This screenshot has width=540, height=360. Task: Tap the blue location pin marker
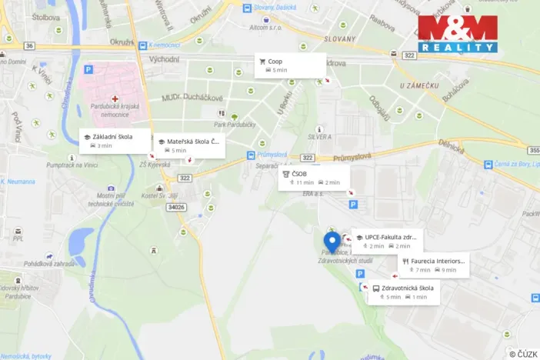click(x=332, y=241)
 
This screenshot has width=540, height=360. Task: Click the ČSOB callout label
click(x=313, y=178)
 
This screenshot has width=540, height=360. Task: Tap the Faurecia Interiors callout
click(x=433, y=265)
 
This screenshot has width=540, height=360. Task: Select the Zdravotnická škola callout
click(x=403, y=292)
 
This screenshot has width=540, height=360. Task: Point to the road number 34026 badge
click(x=176, y=207)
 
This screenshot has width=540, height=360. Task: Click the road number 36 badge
click(x=29, y=45)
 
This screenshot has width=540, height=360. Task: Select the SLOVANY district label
click(x=338, y=38)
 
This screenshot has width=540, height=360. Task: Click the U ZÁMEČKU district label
click(x=418, y=86)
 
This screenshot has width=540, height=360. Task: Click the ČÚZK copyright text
click(x=524, y=353)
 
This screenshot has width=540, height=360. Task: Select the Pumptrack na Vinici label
click(x=70, y=165)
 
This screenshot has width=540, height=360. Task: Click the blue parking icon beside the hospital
click(x=88, y=70)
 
